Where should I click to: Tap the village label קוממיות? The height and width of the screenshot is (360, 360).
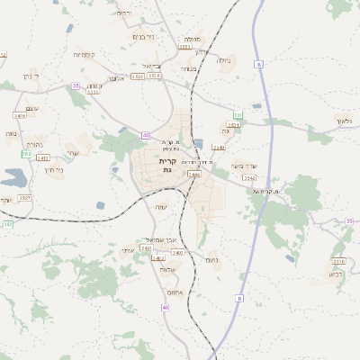pyautogui.click(x=85, y=55)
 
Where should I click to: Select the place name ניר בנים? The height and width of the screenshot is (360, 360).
pyautogui.click(x=144, y=37)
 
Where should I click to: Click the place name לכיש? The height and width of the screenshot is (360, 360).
pyautogui.click(x=336, y=274)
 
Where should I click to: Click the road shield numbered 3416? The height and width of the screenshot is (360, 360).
pyautogui.click(x=20, y=116)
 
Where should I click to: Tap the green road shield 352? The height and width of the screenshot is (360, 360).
pyautogui.click(x=26, y=154)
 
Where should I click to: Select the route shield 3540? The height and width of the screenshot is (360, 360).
pyautogui.click(x=146, y=247)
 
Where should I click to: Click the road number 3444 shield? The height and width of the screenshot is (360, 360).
pyautogui.click(x=193, y=174)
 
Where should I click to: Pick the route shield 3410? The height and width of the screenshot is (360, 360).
pyautogui.click(x=339, y=261)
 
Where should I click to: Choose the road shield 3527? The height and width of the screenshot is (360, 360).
pyautogui.click(x=24, y=197)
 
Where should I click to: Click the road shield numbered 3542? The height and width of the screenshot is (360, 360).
pyautogui.click(x=250, y=178)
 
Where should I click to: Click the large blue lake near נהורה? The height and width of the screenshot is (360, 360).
pyautogui.click(x=13, y=175)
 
